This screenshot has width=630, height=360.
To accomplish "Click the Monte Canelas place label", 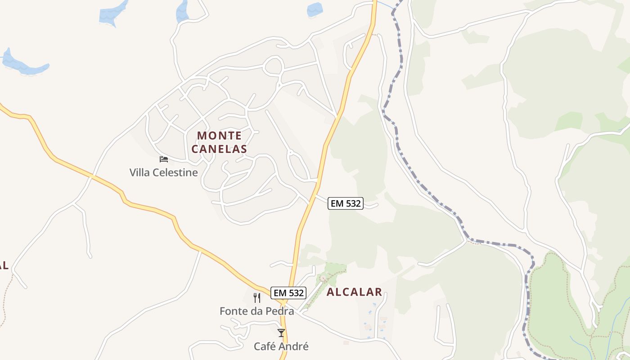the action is click(x=219, y=142).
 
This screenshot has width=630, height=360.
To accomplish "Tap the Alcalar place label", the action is click(x=354, y=292).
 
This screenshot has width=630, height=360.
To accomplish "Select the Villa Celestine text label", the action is click(x=163, y=172).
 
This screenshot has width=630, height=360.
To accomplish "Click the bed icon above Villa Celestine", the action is click(x=164, y=159).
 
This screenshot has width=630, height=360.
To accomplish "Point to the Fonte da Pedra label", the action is click(x=256, y=311).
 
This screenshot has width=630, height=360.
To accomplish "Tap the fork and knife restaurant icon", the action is click(x=257, y=297).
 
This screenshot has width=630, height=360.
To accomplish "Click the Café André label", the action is click(x=281, y=346).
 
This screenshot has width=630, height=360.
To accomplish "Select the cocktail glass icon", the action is click(x=281, y=333).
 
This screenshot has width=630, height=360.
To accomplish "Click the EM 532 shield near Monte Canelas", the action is click(x=345, y=203).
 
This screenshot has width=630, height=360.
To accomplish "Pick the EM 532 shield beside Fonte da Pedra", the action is click(x=289, y=293).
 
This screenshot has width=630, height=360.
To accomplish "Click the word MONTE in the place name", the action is click(x=219, y=135).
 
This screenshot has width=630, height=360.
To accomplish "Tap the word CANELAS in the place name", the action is click(x=219, y=149).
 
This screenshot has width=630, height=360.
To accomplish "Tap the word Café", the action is click(x=265, y=346).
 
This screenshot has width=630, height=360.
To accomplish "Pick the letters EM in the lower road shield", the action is click(x=280, y=293).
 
